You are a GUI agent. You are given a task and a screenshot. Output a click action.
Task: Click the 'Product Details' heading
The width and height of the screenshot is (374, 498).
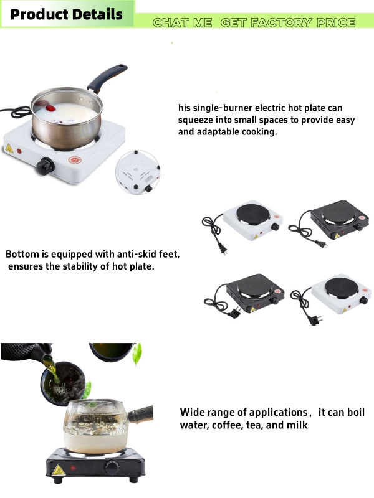[67, 14]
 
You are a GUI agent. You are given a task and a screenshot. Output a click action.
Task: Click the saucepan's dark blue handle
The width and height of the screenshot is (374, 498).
[107, 78]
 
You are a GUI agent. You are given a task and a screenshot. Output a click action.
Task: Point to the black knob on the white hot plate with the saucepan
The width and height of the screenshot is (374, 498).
[45, 166]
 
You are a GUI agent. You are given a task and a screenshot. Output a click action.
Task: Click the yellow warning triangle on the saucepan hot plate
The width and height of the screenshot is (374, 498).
[9, 148]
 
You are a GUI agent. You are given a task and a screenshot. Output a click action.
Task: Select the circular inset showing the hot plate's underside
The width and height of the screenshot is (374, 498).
[137, 172]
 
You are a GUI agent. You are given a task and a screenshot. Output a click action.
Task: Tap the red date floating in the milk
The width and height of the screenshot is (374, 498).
[50, 108]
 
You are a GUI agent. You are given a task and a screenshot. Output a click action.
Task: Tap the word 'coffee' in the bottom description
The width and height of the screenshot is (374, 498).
[227, 425]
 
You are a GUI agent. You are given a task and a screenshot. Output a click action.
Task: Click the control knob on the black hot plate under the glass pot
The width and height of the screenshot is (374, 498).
[112, 467]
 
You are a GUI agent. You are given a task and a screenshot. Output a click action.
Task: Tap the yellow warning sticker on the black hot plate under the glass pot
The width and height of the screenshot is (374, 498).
[59, 470]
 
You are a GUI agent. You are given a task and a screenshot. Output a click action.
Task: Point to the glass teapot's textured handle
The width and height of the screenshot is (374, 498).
[140, 414]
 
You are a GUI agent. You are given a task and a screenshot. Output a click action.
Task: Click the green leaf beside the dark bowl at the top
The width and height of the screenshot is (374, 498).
[137, 354]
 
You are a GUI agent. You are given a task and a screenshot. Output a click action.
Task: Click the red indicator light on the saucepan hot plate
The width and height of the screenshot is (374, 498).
[19, 151]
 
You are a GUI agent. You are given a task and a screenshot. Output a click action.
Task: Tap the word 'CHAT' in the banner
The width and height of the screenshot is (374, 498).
[171, 22]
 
